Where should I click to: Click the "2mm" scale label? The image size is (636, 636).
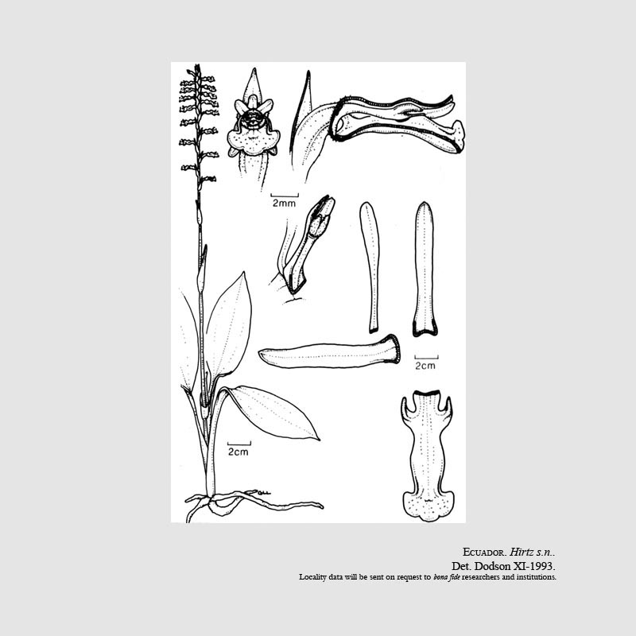(284, 204)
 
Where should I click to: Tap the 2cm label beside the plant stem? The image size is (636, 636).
(238, 452)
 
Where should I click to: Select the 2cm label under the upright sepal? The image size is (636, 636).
(425, 366)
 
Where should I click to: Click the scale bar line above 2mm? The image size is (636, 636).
(285, 196)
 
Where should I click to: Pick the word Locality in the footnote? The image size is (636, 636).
(312, 577)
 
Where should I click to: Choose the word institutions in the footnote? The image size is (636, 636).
(535, 577)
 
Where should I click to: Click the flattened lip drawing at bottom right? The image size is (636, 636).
(429, 456)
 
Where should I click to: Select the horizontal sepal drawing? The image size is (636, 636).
(329, 352)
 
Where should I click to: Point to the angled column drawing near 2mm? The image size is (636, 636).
(305, 245)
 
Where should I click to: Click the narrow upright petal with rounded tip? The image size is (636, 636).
(370, 267)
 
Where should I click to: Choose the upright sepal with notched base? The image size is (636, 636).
(425, 269)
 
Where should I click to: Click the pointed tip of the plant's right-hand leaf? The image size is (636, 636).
(320, 440)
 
